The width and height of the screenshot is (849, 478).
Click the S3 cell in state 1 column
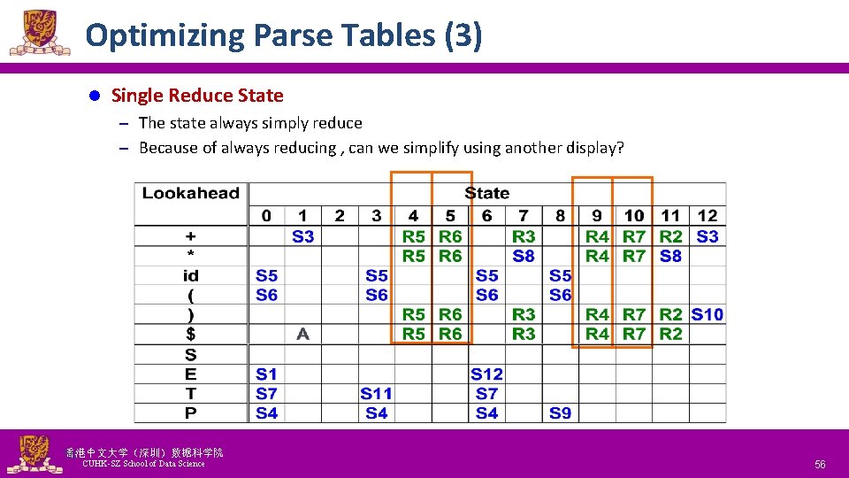click(302, 236)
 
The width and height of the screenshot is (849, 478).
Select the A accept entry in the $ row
click(302, 334)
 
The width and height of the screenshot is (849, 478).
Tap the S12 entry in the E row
click(486, 374)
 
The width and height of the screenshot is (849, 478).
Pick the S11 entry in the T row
click(376, 394)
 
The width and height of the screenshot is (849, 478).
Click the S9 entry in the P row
click(560, 413)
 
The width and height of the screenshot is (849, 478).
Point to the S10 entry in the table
click(707, 314)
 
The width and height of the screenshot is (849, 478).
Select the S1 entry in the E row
click(266, 374)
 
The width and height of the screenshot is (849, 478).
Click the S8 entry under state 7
click(524, 256)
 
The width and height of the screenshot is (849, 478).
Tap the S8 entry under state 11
click(670, 256)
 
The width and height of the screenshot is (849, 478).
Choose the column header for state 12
click(707, 215)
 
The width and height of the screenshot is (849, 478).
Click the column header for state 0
click(266, 215)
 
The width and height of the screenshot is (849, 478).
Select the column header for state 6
click(486, 215)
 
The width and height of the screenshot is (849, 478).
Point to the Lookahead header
click(191, 193)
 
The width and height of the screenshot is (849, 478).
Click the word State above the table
click(486, 193)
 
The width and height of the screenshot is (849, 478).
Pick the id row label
click(191, 276)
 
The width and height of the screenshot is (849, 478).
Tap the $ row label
click(191, 334)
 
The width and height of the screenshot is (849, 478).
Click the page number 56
click(820, 464)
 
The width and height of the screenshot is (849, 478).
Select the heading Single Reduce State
click(197, 96)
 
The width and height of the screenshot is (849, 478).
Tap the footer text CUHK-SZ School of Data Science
click(143, 464)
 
